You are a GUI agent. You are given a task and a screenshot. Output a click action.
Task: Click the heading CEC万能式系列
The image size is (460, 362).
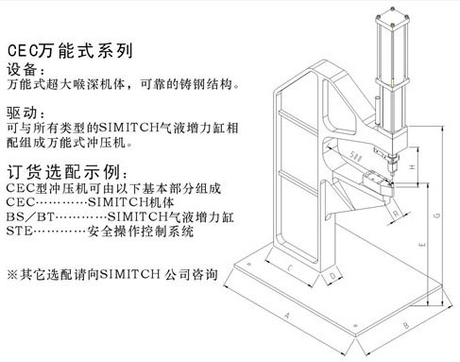70,51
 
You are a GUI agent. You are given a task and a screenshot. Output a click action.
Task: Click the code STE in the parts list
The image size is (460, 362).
19,231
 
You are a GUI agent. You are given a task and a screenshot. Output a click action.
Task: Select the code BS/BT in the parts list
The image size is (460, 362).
30,216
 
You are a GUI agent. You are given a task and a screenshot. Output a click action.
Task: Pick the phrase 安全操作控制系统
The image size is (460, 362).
141,232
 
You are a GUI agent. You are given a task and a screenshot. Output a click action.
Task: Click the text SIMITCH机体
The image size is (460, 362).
131,202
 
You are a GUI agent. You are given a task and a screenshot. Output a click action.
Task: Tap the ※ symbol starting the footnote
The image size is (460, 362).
12,274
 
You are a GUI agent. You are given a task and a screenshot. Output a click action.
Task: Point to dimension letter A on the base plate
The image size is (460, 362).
286,315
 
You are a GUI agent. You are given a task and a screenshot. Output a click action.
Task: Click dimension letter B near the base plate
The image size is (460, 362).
406,324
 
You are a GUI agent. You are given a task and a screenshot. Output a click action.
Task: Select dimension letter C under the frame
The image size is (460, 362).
290,268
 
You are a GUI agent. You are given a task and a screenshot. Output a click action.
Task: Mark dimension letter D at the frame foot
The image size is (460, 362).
332,276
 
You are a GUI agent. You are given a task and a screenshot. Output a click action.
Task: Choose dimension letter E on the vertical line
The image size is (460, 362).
422,244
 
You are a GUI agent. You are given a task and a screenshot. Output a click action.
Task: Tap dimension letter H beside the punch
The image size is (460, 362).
413,167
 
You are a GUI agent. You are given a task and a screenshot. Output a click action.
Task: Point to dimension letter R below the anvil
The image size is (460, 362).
396,214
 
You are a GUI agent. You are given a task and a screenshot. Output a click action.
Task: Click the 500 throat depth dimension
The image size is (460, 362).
355,156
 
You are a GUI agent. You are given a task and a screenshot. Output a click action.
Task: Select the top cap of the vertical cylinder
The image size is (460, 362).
393,19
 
